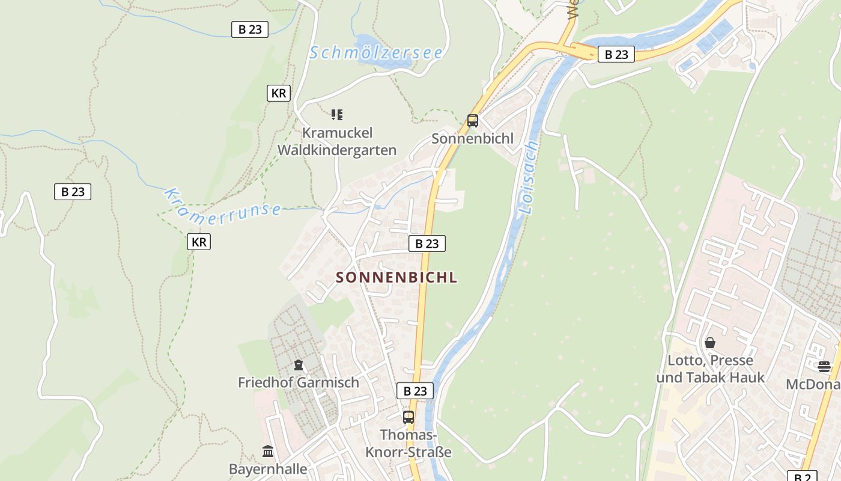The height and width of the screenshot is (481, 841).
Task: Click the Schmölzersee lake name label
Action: (x=376, y=53)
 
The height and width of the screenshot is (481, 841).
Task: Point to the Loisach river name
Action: (x=528, y=178)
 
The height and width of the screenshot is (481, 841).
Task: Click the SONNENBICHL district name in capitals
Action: (x=396, y=277)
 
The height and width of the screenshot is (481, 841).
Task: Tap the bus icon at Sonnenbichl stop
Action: (x=473, y=121)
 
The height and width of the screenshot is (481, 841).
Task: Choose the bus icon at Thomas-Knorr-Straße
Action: (x=408, y=417)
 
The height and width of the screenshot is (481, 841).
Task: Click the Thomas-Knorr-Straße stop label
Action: (x=415, y=443)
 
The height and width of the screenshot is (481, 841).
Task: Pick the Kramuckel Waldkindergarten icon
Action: (x=337, y=114)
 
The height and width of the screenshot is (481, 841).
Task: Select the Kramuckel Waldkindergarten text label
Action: (x=337, y=141)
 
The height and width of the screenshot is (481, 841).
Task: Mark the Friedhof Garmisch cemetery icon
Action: (x=299, y=365)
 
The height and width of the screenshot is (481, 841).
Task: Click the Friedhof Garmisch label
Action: (x=299, y=382)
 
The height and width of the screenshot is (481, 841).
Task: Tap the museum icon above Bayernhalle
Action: (x=268, y=451)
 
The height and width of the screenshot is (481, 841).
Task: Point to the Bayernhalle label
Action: (x=268, y=469)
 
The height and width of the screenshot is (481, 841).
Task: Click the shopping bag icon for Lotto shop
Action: (x=710, y=343)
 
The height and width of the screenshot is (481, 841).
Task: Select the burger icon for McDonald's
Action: (x=824, y=366)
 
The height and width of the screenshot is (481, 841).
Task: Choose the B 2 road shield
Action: (x=803, y=476)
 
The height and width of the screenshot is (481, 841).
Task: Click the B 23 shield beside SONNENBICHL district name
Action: (x=427, y=244)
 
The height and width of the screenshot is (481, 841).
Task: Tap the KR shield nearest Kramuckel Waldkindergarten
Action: (x=279, y=93)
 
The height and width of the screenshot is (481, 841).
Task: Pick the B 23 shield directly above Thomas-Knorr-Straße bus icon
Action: (x=415, y=391)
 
